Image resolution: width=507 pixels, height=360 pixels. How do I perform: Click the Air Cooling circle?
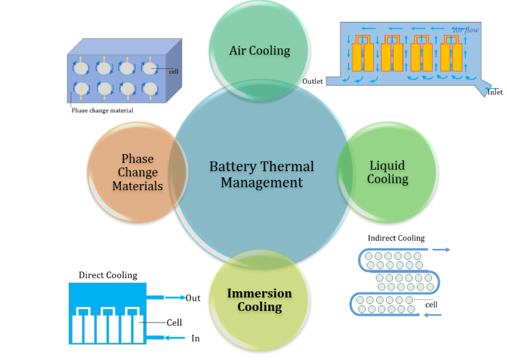coord(259,50)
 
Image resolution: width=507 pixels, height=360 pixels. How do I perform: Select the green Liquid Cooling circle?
coord(388,172)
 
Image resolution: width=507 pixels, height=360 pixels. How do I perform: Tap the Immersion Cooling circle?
coord(259,301)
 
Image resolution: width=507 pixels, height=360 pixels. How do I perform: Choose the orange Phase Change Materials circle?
coord(137,172)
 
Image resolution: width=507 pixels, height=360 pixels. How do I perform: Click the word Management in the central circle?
coord(261,183)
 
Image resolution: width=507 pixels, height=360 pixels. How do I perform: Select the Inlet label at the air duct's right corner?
coord(495,92)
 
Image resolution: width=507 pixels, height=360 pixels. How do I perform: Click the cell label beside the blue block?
coord(172,70)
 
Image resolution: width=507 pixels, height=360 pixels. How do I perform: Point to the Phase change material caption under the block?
coord(102,110)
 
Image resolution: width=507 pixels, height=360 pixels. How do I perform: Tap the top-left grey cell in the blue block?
coord(81,68)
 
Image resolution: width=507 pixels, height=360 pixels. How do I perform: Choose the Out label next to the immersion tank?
coord(192,298)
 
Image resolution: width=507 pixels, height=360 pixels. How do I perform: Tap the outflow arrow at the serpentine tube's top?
coord(441,250)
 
